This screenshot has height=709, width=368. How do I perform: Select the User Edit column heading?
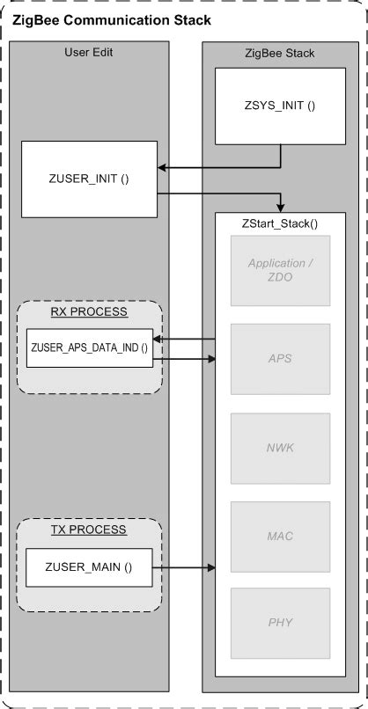88,53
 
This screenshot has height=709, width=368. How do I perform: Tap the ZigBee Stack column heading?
280,54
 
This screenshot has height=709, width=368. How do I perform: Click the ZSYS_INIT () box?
280,106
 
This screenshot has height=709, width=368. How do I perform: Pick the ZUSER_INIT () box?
88,179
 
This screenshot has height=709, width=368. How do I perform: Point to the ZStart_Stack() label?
280,224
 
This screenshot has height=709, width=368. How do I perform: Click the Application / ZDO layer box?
281,269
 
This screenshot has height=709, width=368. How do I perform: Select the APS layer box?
281,358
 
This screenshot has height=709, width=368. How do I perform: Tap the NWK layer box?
281,447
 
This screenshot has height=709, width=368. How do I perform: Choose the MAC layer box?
281,534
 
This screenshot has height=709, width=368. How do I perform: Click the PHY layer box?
281,622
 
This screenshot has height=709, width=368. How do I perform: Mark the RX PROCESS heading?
88,311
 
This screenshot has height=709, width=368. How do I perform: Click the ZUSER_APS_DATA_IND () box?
88,348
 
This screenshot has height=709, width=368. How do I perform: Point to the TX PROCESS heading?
88,530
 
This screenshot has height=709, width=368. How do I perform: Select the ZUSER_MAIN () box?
88,567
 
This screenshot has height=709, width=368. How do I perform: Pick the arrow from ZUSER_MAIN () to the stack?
185,568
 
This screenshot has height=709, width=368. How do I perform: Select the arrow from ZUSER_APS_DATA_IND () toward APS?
185,358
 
